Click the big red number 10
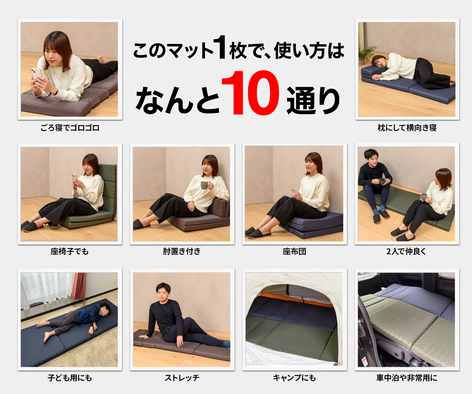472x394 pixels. tap(250, 94)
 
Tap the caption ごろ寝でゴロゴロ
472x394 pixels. tap(70, 128)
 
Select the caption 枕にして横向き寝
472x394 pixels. tap(407, 128)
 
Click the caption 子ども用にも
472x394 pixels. tap(70, 378)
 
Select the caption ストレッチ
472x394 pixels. tap(182, 378)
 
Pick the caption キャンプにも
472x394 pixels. tap(294, 378)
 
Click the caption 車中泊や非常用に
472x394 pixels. tap(407, 378)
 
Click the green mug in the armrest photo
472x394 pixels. tap(204, 185)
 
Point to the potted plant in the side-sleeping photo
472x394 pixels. tap(367, 54)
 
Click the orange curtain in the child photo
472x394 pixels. tap(79, 286)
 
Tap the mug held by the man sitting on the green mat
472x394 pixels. tap(381, 181)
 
